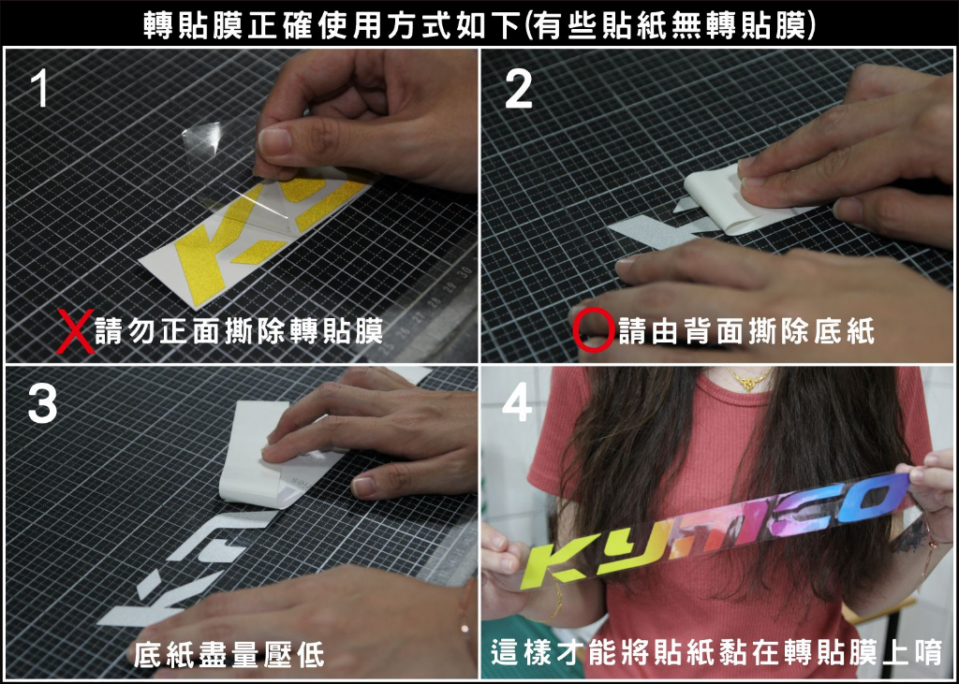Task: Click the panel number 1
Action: (x=37, y=90)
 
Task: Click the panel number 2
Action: (x=518, y=90)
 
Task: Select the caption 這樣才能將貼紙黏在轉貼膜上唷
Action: (x=716, y=652)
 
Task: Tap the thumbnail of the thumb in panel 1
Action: (x=275, y=141)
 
